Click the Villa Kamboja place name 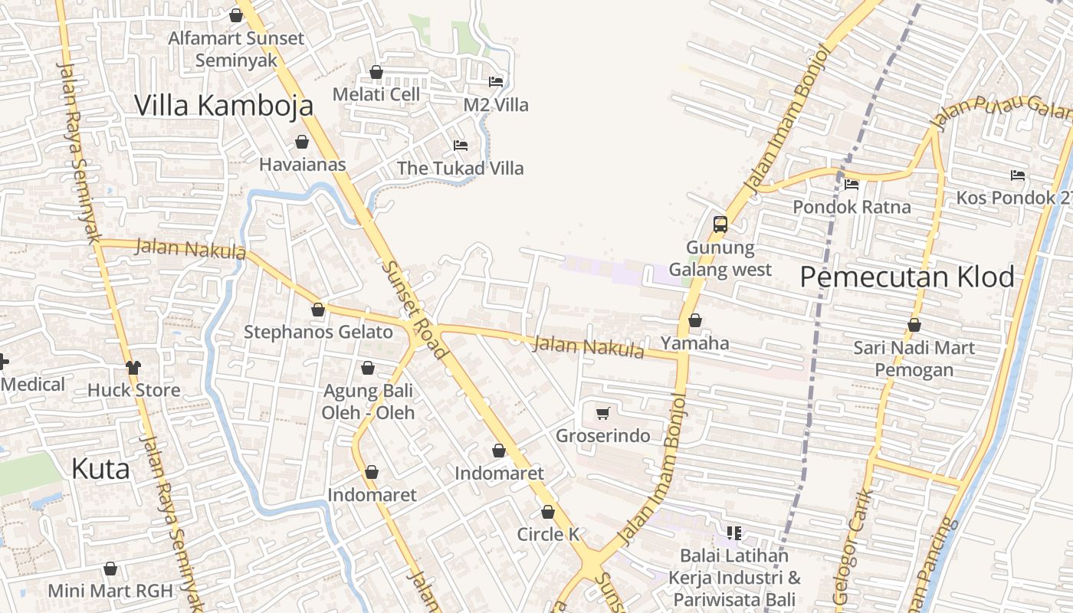pyautogui.click(x=224, y=106)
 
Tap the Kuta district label pyautogui.click(x=100, y=469)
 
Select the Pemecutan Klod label pyautogui.click(x=907, y=277)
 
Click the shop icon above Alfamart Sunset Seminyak pyautogui.click(x=236, y=15)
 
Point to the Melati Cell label pyautogui.click(x=376, y=94)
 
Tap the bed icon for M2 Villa pyautogui.click(x=496, y=81)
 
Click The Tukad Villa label pyautogui.click(x=460, y=169)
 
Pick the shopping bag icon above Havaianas pyautogui.click(x=302, y=142)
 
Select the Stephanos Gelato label pyautogui.click(x=318, y=333)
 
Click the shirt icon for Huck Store pyautogui.click(x=134, y=368)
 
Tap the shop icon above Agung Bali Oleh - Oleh pyautogui.click(x=368, y=368)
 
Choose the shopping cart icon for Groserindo pyautogui.click(x=602, y=414)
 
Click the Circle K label pyautogui.click(x=548, y=535)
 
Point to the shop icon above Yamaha pyautogui.click(x=695, y=320)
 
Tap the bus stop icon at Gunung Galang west pyautogui.click(x=720, y=224)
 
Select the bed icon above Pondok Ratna pyautogui.click(x=852, y=184)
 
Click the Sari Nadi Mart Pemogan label pyautogui.click(x=914, y=359)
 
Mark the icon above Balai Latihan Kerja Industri pyautogui.click(x=734, y=533)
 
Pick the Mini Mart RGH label pyautogui.click(x=110, y=592)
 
